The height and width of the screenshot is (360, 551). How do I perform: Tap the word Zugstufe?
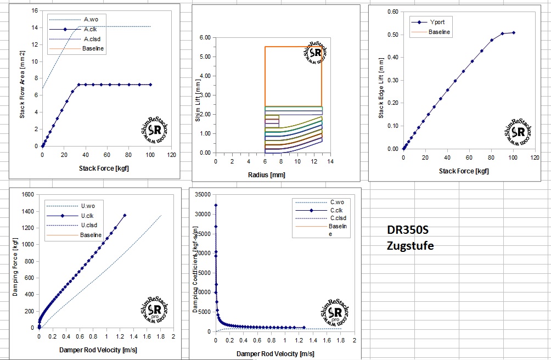(x=410, y=245)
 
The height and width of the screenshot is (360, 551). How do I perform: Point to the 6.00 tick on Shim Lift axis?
(x=204, y=38)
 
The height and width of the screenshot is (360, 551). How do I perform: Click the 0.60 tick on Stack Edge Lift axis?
(x=392, y=12)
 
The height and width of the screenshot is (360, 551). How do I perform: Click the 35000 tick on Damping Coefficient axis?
(x=203, y=194)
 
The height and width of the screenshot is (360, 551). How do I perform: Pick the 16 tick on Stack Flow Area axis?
(x=34, y=11)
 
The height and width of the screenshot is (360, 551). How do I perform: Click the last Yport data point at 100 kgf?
(x=514, y=32)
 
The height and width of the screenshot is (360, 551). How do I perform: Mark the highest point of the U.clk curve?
(x=125, y=216)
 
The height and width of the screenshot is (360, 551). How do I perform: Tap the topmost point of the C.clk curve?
(x=216, y=205)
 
